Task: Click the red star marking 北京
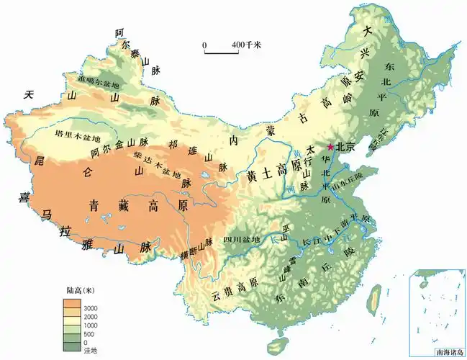pyautogui.click(x=331, y=147)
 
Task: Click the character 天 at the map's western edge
pyautogui.click(x=29, y=94)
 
